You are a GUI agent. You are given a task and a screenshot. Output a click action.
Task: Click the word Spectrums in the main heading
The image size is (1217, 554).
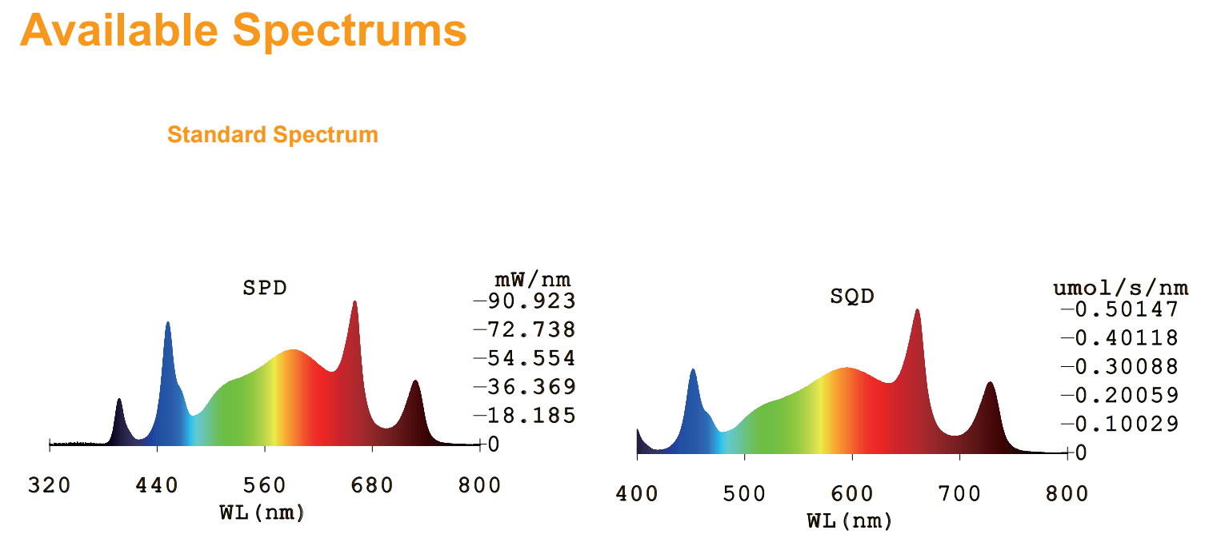(x=350, y=30)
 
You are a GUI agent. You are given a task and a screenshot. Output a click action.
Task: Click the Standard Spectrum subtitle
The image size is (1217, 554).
(x=272, y=134)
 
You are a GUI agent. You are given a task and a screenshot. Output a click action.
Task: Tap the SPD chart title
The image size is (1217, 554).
(x=264, y=288)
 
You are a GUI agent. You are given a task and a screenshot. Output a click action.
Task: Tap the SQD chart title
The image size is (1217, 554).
(x=851, y=297)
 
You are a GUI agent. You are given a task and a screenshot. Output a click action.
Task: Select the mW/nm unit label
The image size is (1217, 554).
(x=532, y=280)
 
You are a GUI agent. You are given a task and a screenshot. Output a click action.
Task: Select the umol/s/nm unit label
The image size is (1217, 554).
(x=1119, y=288)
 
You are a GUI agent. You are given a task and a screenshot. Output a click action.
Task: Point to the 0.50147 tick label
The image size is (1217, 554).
(x=1125, y=310)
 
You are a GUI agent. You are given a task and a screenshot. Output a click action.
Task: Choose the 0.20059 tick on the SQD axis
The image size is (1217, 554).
(x=1125, y=396)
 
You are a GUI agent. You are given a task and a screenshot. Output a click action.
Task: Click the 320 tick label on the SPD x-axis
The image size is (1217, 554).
(x=50, y=485)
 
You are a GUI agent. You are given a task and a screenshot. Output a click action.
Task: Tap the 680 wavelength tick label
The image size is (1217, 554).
(x=372, y=485)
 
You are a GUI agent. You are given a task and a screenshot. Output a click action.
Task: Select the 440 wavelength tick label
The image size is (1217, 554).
(x=158, y=485)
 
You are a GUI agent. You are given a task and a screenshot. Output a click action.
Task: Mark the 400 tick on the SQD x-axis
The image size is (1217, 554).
(x=637, y=493)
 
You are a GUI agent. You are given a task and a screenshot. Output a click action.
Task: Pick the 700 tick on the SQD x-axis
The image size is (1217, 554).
(x=959, y=493)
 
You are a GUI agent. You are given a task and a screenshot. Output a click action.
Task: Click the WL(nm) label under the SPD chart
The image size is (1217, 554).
(x=262, y=512)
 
